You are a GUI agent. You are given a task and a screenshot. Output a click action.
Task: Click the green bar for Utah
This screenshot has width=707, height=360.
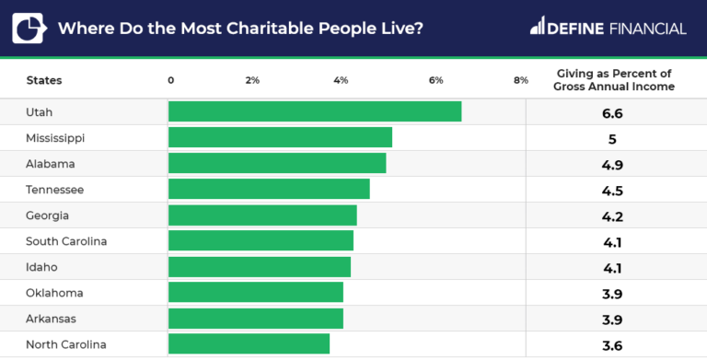click(x=314, y=111)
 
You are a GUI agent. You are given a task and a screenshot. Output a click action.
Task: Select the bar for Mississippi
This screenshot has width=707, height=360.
click(x=280, y=137)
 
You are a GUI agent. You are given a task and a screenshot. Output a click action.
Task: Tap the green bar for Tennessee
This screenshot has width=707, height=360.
click(x=269, y=189)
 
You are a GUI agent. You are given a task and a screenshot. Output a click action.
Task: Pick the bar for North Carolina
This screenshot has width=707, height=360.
click(x=249, y=343)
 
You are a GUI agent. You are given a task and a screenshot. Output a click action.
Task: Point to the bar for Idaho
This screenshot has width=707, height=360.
click(x=259, y=266)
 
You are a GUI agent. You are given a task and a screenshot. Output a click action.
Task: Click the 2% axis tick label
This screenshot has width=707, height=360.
click(x=252, y=80)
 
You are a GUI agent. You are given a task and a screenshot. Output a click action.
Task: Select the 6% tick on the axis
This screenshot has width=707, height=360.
click(x=436, y=80)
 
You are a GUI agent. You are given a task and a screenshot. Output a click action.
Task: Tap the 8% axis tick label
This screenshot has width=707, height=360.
click(x=520, y=80)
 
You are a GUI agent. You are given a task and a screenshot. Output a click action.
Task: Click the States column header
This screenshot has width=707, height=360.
click(x=44, y=80)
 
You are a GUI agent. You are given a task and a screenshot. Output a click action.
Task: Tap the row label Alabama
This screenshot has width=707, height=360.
click(x=52, y=164)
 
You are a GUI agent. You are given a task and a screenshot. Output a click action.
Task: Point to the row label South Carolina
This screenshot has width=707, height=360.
click(x=67, y=241)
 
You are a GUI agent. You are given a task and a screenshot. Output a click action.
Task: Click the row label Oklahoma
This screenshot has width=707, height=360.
click(x=55, y=293)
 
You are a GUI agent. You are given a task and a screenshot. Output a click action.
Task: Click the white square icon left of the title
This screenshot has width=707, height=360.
click(x=31, y=27)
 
